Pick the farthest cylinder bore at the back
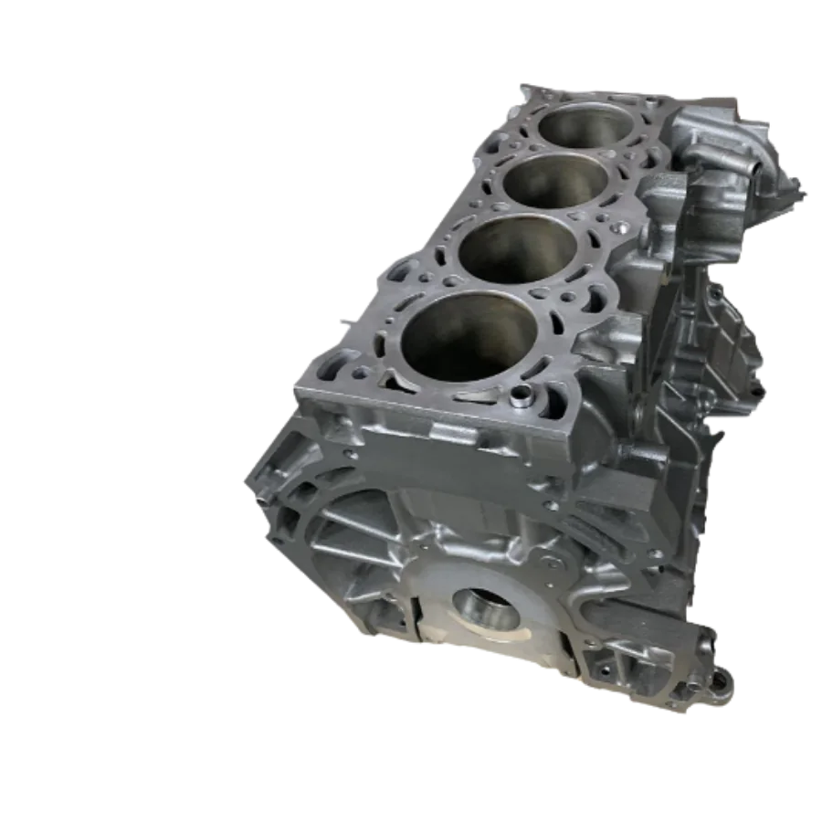pos(583,122)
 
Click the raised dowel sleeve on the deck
pos(522,396)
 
